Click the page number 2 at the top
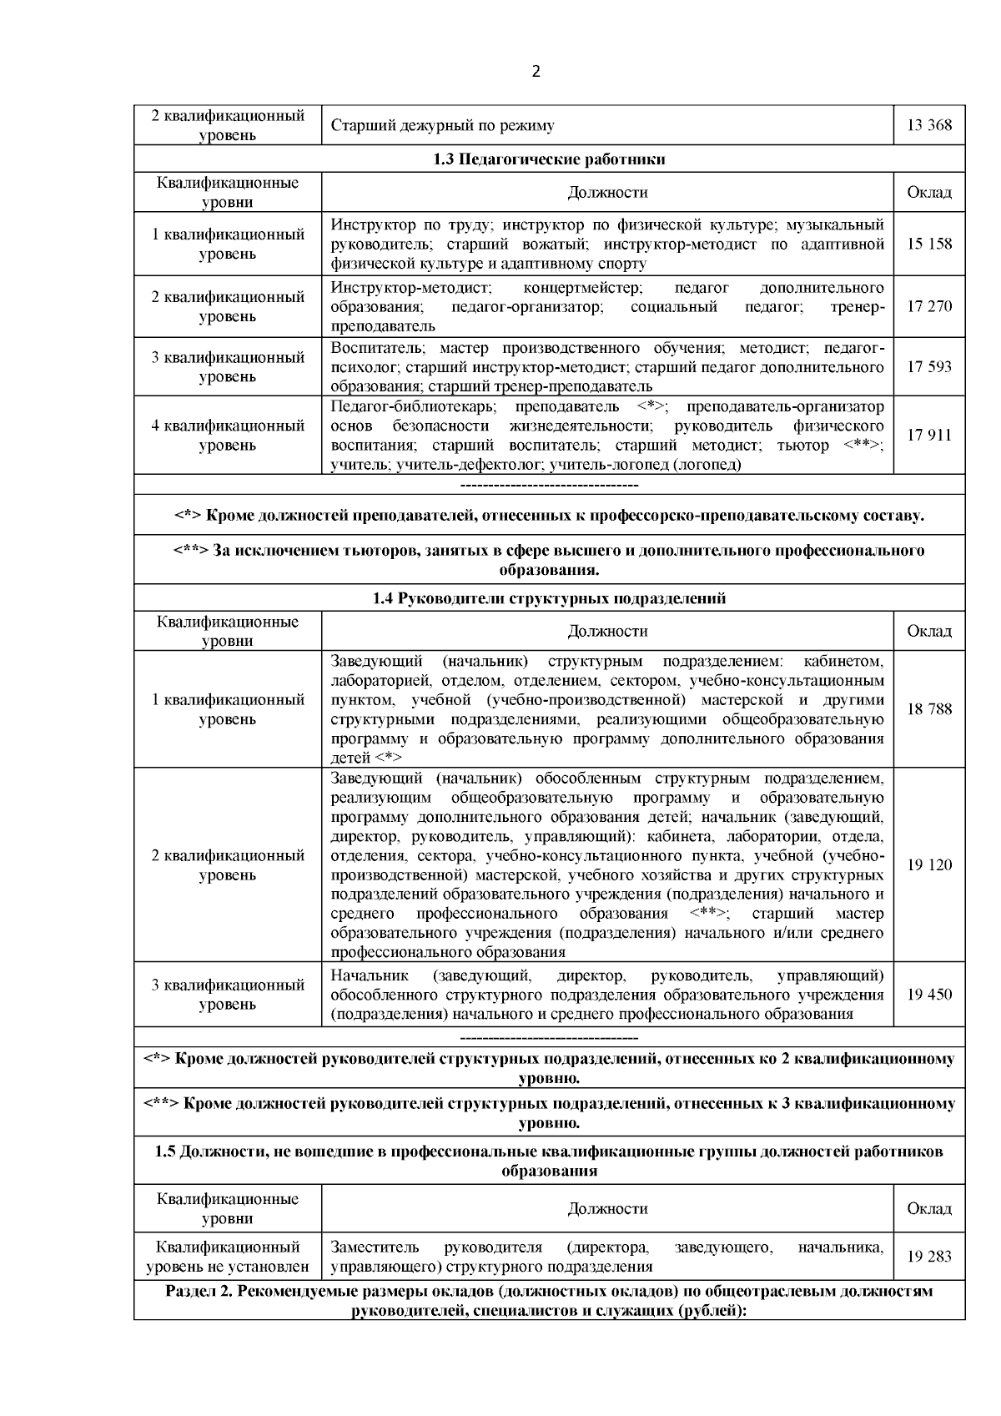coord(536,72)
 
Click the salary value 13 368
coord(928,126)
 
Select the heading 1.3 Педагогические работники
coord(549,159)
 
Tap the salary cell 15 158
coord(928,244)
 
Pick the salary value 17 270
coord(928,306)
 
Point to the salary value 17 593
coord(928,367)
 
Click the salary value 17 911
coord(928,435)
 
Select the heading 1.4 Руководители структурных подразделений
coord(549,598)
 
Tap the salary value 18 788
coord(928,709)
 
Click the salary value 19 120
coord(928,865)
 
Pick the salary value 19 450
coord(928,995)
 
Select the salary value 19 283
coord(928,1257)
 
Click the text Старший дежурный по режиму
coord(442,126)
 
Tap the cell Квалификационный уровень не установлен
coord(227,1257)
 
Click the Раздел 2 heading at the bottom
coord(549,1301)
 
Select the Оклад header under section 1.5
coord(928,1208)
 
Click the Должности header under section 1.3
coord(607,193)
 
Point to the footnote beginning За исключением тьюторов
coord(549,560)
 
